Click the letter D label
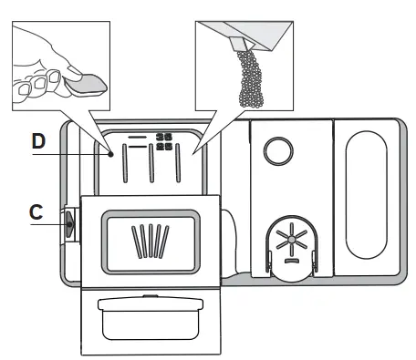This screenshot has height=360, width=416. pos(38,142)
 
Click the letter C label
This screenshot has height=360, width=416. pos(36,211)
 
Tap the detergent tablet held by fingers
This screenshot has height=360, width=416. pos(79,88)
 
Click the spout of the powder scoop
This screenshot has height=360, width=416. pos(242,42)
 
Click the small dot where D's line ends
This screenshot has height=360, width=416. pos(111,154)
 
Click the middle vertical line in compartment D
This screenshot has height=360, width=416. pos(150,168)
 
